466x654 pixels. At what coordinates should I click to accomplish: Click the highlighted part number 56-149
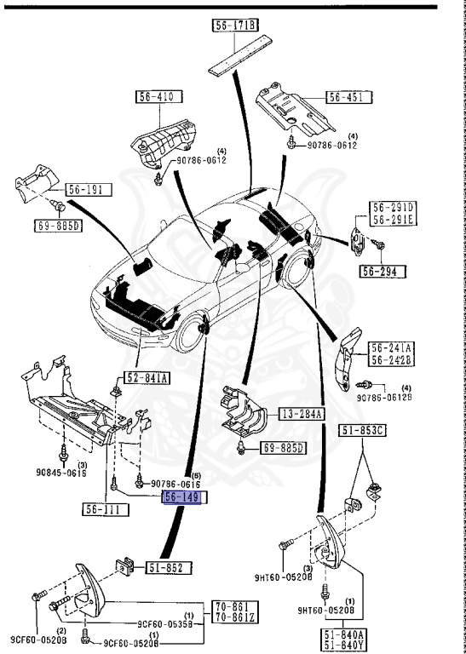click(182, 497)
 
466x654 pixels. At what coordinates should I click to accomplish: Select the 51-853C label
click(364, 430)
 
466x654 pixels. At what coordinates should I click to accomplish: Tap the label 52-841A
click(148, 378)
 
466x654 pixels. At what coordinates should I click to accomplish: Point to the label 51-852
click(170, 566)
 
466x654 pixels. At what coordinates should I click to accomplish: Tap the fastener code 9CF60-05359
click(163, 622)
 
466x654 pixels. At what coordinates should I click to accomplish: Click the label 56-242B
click(391, 359)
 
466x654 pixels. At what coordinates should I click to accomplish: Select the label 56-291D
click(391, 207)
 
